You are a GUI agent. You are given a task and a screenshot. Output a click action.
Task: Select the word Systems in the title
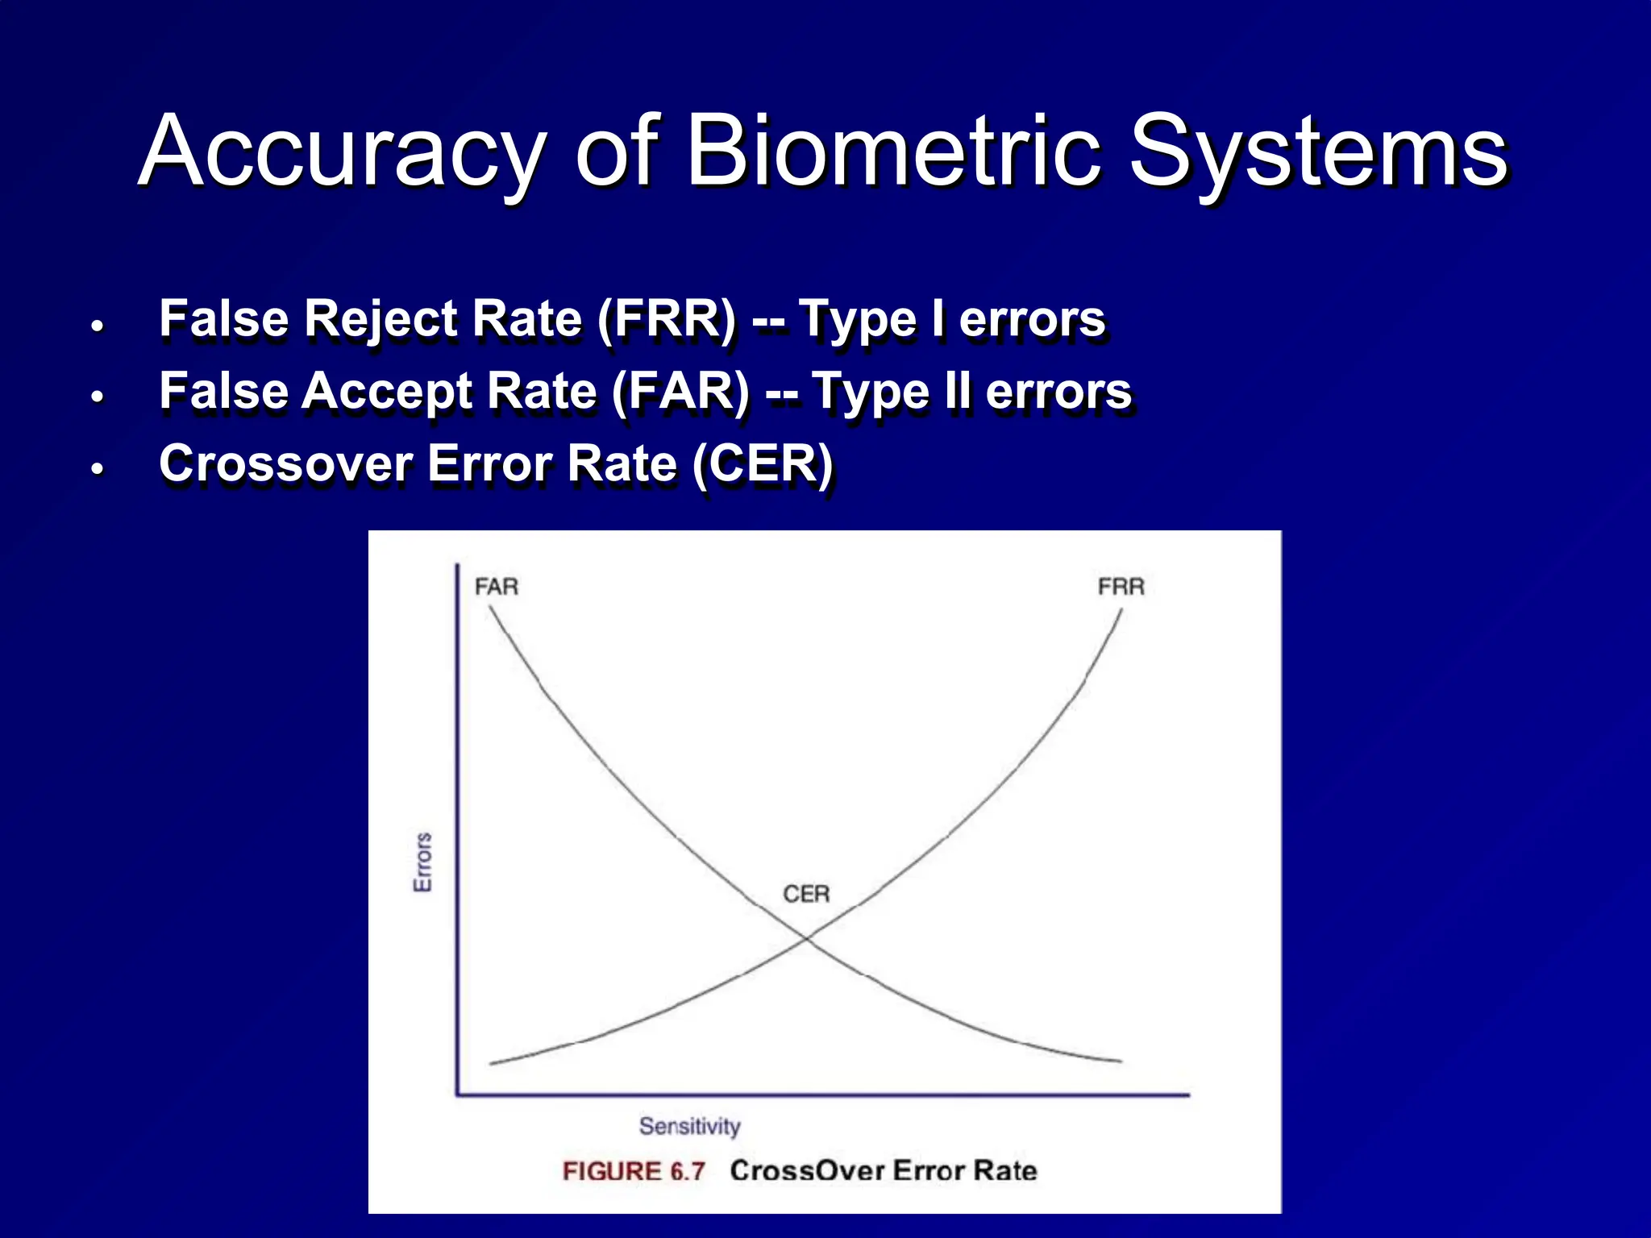(1317, 153)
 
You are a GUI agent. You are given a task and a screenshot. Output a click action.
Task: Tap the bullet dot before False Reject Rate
(98, 326)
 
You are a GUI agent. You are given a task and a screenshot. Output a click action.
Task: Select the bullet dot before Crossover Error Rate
(98, 469)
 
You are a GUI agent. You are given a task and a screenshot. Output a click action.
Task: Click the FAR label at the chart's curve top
(496, 587)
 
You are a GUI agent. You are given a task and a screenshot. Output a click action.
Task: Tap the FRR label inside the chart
(1121, 587)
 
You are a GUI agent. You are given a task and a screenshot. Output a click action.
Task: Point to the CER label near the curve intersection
(806, 894)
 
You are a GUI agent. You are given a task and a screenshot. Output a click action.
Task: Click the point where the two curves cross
(806, 938)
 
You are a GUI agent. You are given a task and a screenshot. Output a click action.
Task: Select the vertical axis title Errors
(422, 862)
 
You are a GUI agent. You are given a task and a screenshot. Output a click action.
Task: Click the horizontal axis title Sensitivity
(689, 1126)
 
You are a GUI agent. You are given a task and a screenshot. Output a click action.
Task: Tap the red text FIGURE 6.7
(634, 1171)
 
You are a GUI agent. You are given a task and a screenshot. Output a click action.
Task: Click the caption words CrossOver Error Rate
(884, 1170)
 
